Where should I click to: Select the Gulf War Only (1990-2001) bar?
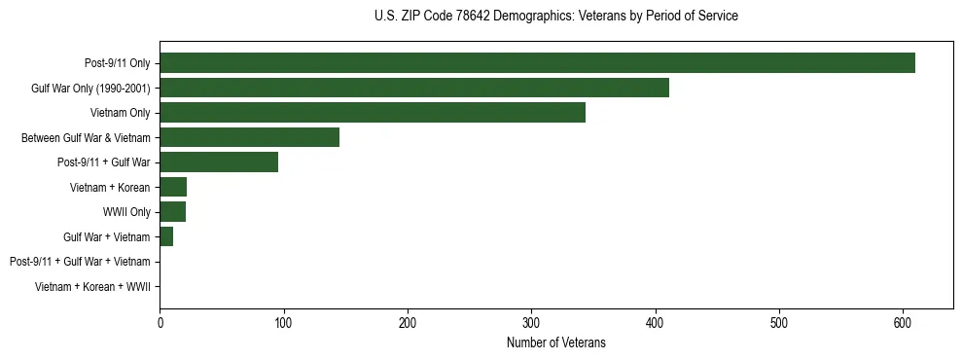tap(414, 89)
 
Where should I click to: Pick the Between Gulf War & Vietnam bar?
tap(249, 138)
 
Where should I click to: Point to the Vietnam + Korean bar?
tap(173, 187)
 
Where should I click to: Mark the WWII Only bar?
tap(172, 212)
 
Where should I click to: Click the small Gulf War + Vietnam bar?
tap(166, 236)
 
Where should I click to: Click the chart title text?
tap(555, 17)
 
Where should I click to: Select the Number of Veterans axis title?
tap(555, 342)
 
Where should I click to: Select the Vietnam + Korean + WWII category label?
tap(91, 286)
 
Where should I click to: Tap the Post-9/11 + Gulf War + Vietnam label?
tap(79, 262)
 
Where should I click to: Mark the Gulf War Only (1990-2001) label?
tap(90, 89)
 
